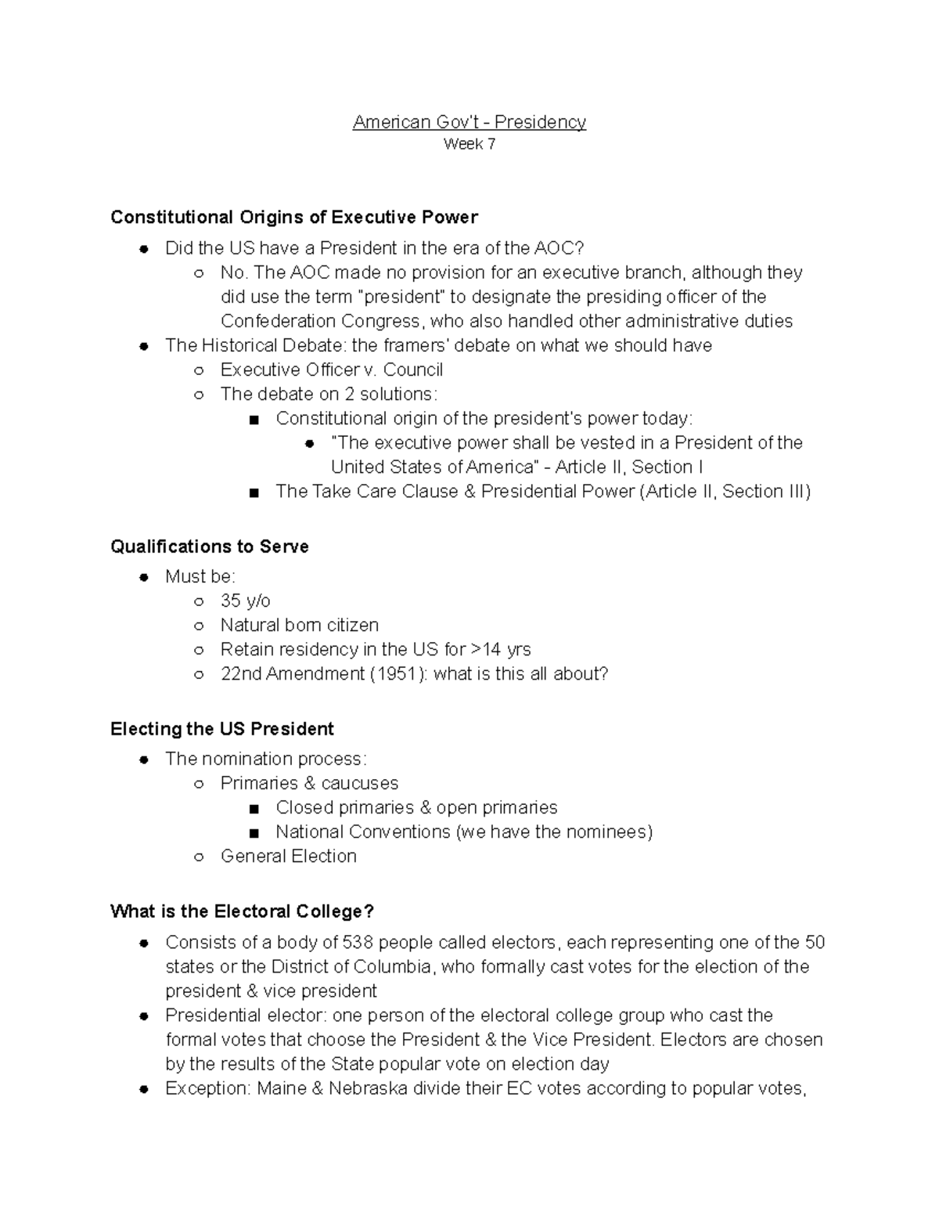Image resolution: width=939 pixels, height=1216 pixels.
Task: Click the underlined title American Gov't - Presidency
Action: coord(469,122)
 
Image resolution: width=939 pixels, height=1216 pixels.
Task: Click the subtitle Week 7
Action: coord(469,144)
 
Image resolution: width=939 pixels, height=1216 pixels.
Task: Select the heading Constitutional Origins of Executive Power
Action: coord(293,217)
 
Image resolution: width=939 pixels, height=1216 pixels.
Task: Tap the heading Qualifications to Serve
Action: coord(210,547)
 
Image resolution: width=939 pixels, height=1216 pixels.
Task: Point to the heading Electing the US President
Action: coord(222,729)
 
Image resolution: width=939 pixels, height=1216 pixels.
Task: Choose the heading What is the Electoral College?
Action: coord(243,911)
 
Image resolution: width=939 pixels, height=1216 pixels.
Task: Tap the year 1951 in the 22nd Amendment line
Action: coord(397,673)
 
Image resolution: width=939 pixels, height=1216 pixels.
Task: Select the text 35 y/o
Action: coord(245,601)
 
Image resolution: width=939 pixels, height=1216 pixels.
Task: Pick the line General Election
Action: coord(288,856)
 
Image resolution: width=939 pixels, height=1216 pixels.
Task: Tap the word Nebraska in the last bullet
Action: coord(368,1088)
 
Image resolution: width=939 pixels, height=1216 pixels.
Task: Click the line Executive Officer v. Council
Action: coord(331,370)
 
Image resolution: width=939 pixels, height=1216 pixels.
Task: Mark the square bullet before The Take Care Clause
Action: coord(254,493)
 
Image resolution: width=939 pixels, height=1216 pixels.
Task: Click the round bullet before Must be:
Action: coord(143,578)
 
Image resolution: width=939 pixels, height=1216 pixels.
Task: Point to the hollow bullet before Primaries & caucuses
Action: coord(199,784)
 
